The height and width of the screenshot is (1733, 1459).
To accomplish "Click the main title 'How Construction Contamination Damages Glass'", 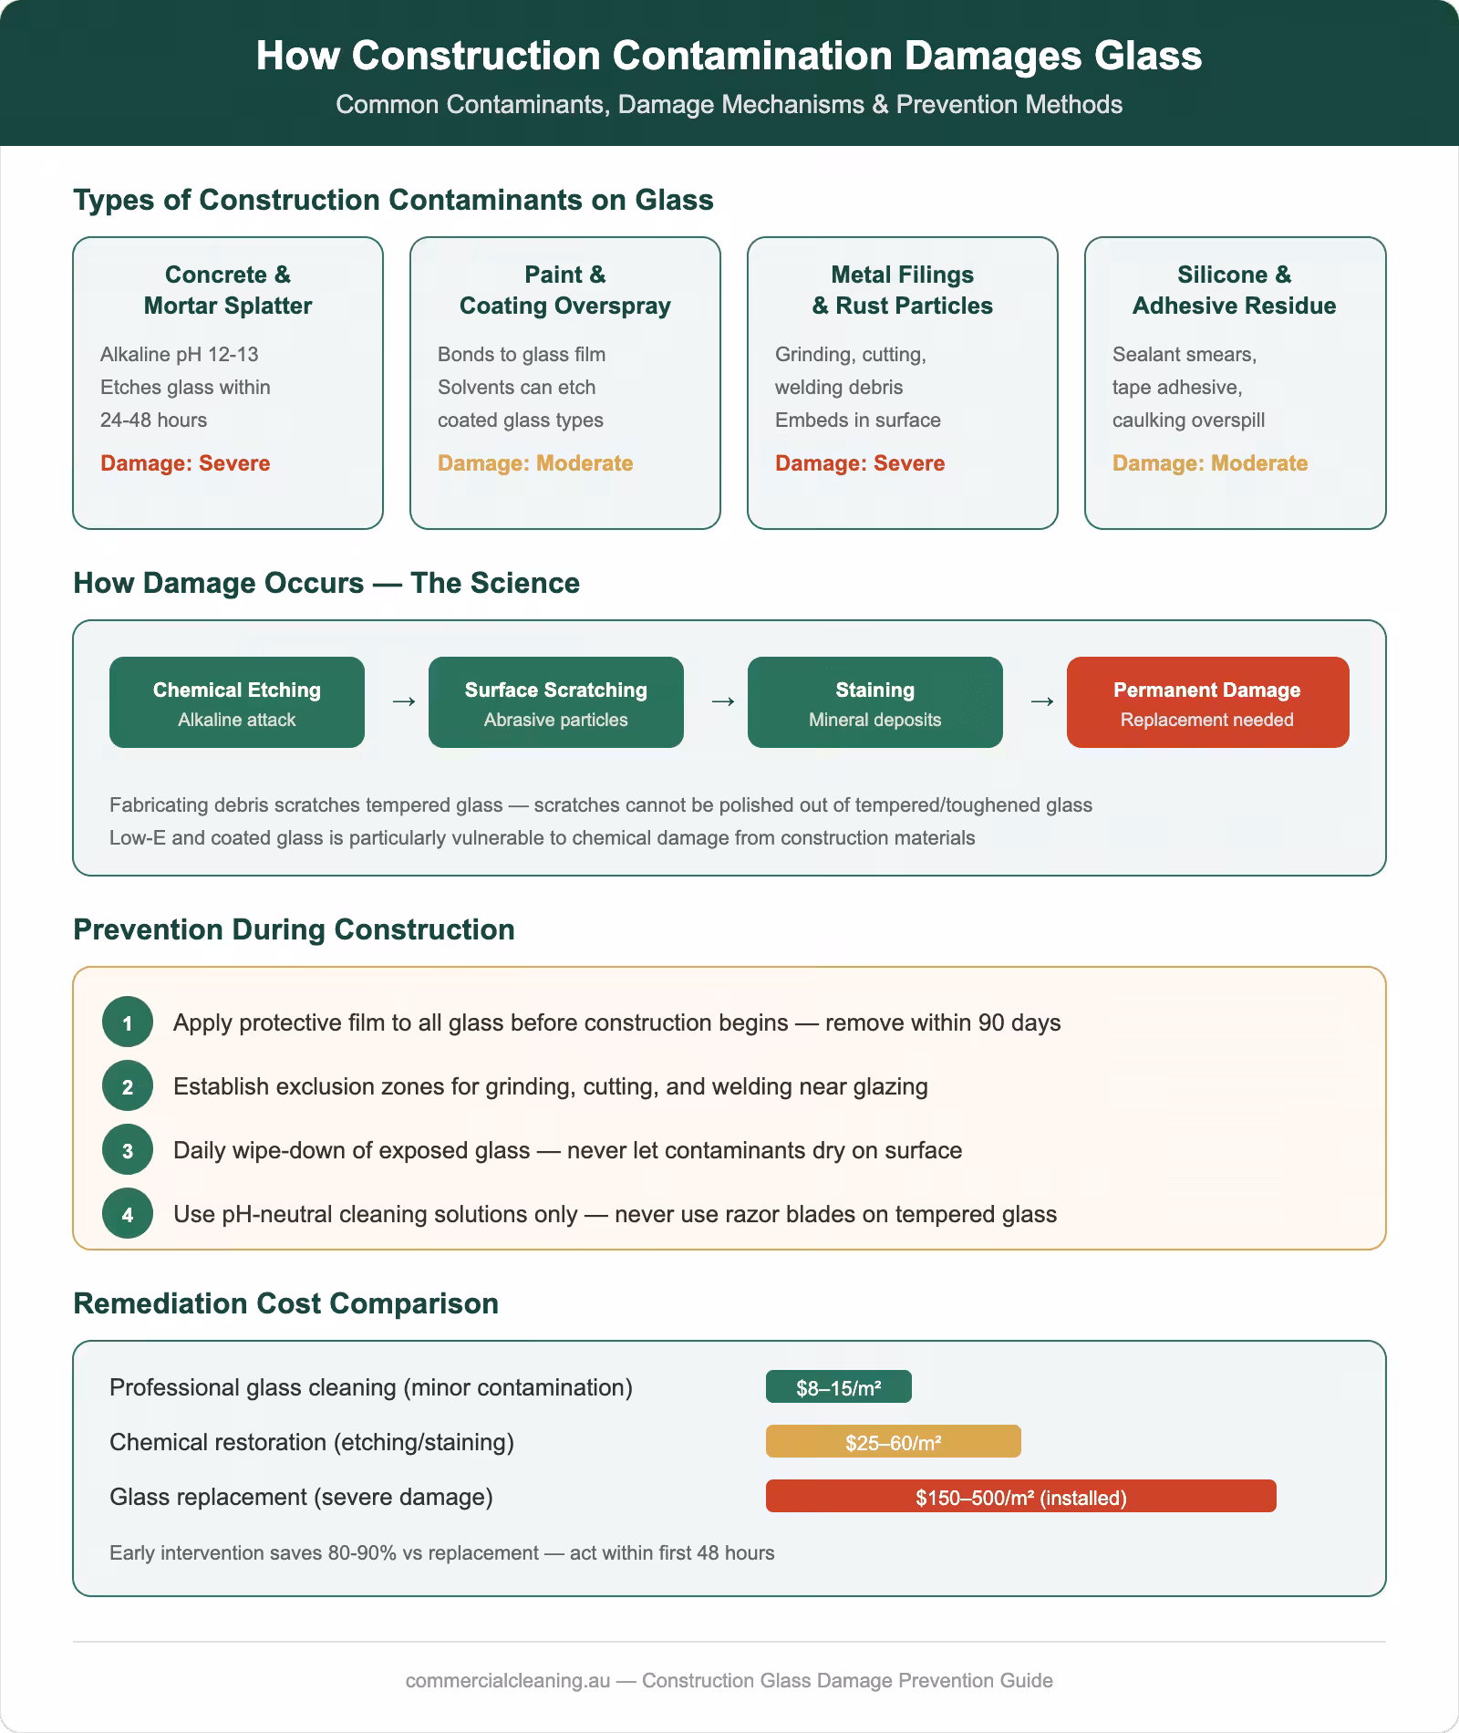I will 729,56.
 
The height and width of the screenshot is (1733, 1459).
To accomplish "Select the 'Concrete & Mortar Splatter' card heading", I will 228,290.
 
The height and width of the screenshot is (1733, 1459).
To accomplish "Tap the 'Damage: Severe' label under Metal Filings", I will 859,463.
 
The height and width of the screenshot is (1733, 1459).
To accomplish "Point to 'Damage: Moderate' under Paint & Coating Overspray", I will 534,463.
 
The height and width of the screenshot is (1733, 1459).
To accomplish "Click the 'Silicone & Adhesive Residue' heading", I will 1234,290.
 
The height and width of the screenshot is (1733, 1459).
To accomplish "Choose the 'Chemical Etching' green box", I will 237,702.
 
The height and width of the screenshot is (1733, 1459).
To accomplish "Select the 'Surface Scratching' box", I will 556,702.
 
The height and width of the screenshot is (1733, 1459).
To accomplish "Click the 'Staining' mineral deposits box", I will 875,702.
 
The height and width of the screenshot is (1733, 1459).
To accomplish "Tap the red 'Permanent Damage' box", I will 1207,702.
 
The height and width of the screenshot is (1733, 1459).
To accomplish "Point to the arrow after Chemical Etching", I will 403,701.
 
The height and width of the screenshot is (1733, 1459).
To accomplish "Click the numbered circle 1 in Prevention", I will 128,1022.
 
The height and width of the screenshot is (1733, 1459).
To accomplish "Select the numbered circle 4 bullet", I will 128,1214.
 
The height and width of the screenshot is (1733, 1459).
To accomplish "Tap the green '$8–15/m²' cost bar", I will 838,1387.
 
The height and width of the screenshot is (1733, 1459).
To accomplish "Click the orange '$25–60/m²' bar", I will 893,1442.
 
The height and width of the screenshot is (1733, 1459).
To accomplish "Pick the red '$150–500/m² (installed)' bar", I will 1020,1497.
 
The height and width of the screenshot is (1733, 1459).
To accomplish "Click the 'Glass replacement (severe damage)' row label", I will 301,1497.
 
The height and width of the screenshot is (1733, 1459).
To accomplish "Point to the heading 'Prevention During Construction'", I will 294,929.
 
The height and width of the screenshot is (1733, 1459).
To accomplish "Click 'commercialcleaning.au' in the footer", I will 507,1680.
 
